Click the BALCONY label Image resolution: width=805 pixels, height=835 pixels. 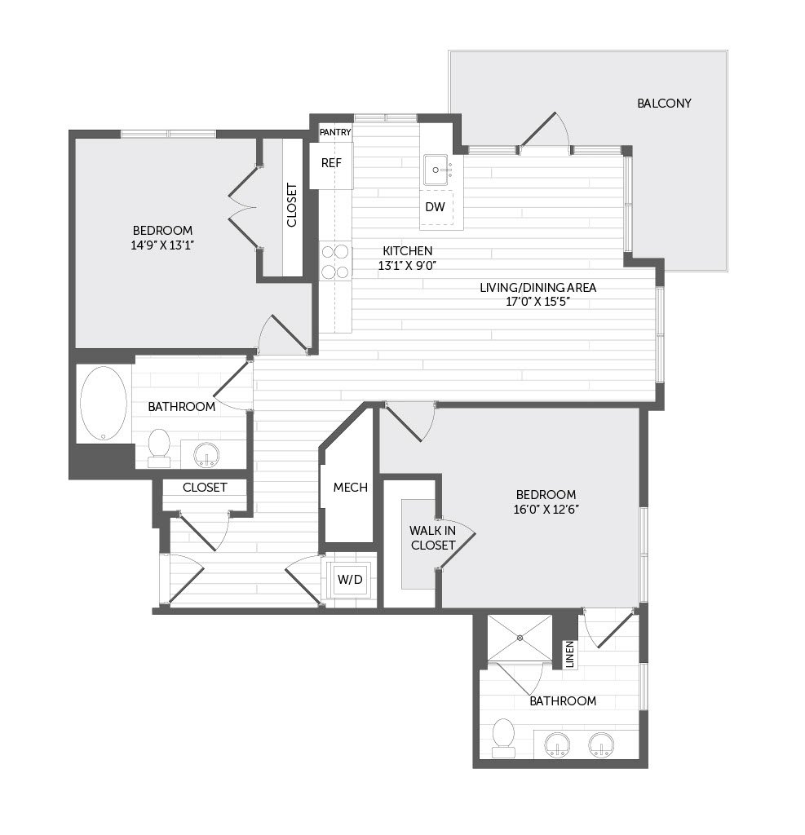(x=664, y=104)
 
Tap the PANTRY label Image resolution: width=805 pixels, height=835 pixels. (x=335, y=132)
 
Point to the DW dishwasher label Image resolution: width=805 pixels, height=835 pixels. (x=435, y=206)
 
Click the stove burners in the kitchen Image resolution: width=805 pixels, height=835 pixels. (x=335, y=262)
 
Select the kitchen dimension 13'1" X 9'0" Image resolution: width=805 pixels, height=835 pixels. (x=408, y=265)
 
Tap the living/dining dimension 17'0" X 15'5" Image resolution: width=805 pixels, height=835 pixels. (x=538, y=302)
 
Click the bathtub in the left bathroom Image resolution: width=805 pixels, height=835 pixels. (x=104, y=404)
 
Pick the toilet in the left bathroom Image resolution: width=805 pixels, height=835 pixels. (x=159, y=448)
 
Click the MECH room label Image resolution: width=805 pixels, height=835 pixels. (x=351, y=488)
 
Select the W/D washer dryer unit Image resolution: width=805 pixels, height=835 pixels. (x=350, y=580)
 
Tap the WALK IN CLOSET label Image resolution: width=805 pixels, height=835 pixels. (x=432, y=538)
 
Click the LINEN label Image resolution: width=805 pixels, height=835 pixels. (x=570, y=655)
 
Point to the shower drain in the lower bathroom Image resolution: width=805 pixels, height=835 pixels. (x=520, y=638)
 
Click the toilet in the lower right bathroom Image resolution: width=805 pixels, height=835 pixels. (x=503, y=738)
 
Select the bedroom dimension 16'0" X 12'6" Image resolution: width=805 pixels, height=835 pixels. (x=546, y=509)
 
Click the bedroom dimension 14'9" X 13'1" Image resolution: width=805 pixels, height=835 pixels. (x=162, y=245)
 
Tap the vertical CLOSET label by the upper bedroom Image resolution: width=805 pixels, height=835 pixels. (x=292, y=205)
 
